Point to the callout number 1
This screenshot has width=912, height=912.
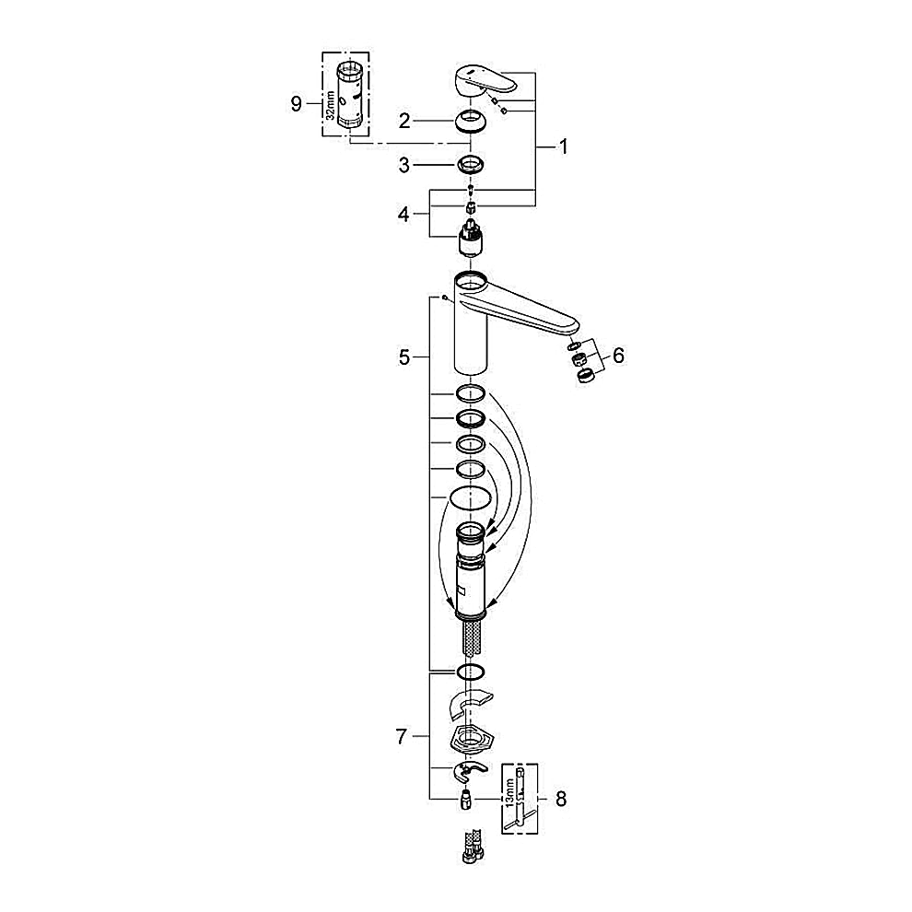tap(563, 146)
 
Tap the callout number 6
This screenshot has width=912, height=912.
tap(617, 355)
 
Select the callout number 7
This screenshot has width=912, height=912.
tap(402, 736)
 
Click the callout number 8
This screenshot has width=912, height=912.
tap(561, 800)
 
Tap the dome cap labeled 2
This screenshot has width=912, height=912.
tap(471, 121)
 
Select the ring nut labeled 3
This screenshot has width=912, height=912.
tap(471, 166)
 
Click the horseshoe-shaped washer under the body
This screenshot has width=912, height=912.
tap(467, 705)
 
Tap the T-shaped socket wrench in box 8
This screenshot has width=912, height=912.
tap(522, 797)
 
